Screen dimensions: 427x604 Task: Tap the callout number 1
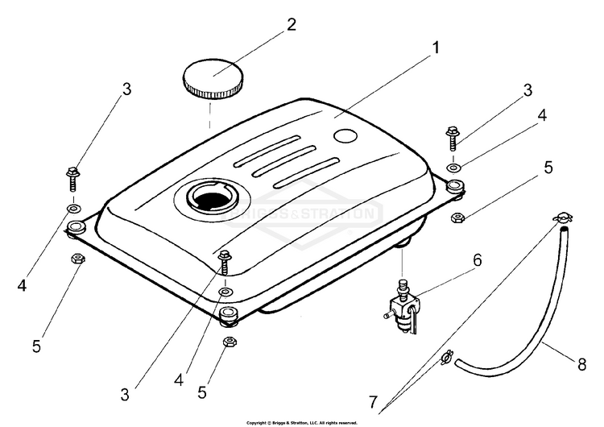(x=436, y=48)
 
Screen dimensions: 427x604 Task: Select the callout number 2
(x=292, y=24)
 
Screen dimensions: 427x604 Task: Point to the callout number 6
(x=478, y=259)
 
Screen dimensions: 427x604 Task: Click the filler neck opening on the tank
(x=213, y=200)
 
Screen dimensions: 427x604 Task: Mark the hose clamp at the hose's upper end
(x=563, y=218)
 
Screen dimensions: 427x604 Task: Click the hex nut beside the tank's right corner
(x=456, y=217)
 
